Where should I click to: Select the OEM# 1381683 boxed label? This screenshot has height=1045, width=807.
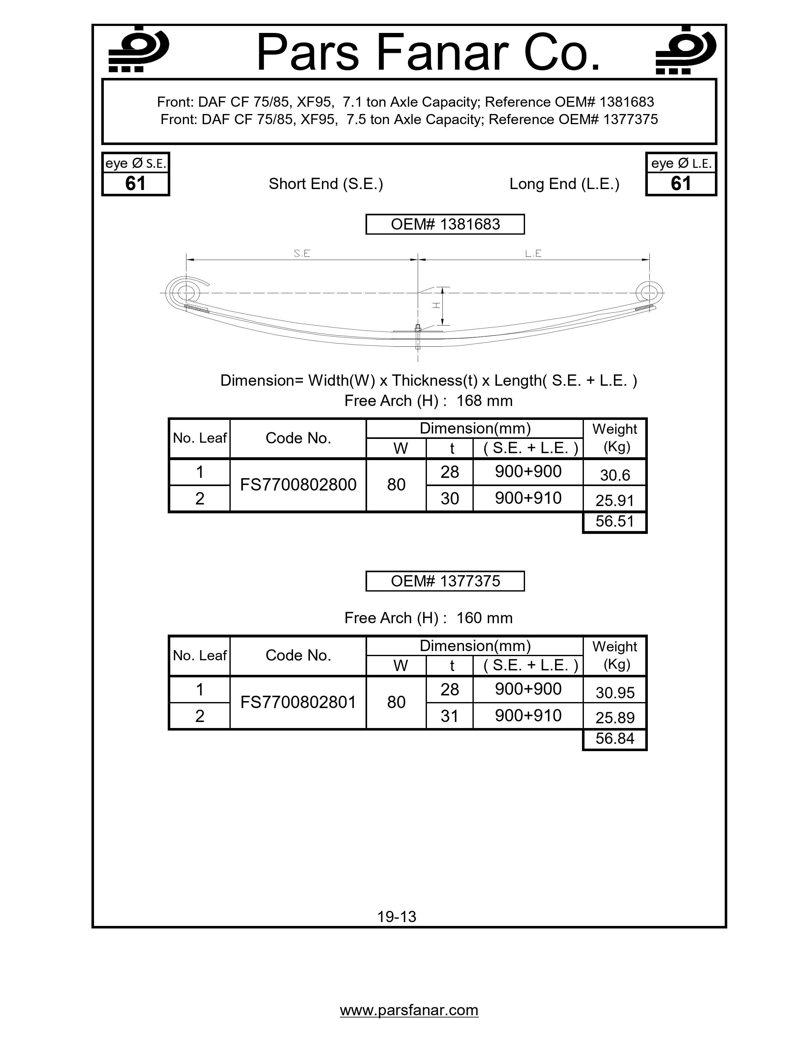445,225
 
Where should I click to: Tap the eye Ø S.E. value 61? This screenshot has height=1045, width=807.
135,184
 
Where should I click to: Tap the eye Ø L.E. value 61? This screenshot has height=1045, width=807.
681,184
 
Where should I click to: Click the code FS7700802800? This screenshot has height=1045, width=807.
298,485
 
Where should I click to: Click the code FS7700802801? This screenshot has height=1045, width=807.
298,702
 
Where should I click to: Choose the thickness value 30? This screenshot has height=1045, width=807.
449,498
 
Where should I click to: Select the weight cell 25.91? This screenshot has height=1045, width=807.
614,500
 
